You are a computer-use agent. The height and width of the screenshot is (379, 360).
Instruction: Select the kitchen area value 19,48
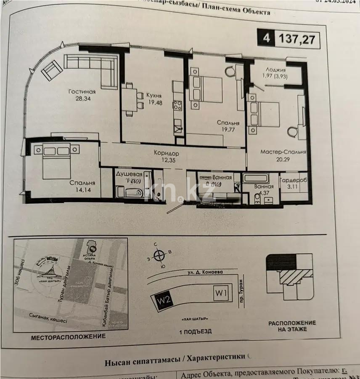[154, 103]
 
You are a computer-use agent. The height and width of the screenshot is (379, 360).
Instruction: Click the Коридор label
[166, 154]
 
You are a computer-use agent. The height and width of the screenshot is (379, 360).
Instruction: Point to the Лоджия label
[275, 70]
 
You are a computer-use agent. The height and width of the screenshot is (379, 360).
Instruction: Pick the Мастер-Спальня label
[283, 152]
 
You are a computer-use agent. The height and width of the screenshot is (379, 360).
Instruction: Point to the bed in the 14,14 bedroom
[56, 160]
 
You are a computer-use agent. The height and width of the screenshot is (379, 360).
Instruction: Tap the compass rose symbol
[159, 255]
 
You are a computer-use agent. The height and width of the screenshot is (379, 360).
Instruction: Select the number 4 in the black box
[266, 39]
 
